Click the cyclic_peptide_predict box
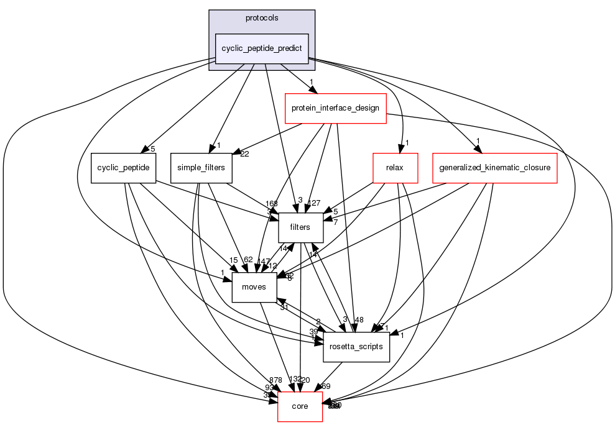(x=262, y=48)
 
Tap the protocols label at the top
(x=262, y=18)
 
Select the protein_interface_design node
(x=336, y=108)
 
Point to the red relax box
(x=394, y=168)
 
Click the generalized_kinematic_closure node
(x=494, y=168)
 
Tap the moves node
(x=254, y=287)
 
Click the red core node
(x=300, y=406)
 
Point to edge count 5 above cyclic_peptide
(x=152, y=148)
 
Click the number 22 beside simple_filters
(x=244, y=154)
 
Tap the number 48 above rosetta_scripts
(x=359, y=319)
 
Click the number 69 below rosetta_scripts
(x=326, y=386)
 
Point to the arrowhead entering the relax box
(x=402, y=149)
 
